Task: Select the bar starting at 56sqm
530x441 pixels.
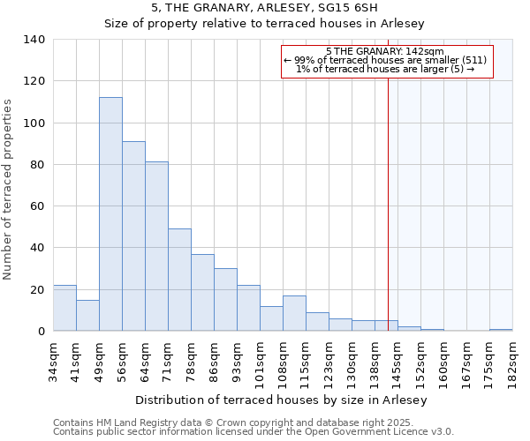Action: (x=133, y=236)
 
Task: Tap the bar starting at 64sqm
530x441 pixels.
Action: (x=156, y=246)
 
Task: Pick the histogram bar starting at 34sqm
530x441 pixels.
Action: (x=64, y=308)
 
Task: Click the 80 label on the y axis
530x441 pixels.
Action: (x=37, y=165)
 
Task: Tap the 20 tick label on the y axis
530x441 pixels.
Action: (x=37, y=290)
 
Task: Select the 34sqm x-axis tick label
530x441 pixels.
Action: (x=54, y=359)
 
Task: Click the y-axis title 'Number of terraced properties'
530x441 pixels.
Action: (x=9, y=190)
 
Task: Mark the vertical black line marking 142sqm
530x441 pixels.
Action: (x=388, y=203)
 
